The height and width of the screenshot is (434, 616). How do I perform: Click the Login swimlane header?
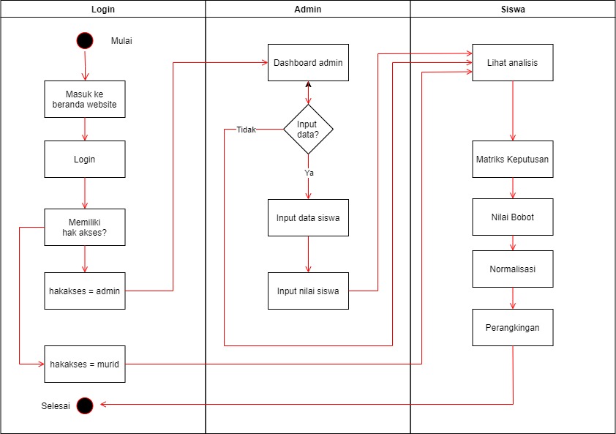(x=102, y=10)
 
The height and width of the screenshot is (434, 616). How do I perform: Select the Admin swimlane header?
(x=307, y=10)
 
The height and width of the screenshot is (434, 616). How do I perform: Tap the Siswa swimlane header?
(x=512, y=10)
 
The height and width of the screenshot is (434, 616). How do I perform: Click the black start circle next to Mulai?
(x=85, y=41)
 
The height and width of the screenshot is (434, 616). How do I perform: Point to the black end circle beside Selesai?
(x=85, y=405)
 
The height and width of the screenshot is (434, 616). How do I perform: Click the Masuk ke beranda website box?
(x=85, y=99)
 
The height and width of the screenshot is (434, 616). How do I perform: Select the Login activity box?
(x=85, y=159)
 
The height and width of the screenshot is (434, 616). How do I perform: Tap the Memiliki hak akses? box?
(x=85, y=227)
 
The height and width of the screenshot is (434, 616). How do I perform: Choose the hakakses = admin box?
(x=85, y=291)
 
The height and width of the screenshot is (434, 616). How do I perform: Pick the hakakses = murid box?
(x=85, y=364)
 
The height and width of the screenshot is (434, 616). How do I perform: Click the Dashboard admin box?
(x=308, y=63)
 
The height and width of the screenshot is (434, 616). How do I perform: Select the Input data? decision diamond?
(x=308, y=130)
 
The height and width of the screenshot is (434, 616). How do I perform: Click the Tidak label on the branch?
(x=246, y=130)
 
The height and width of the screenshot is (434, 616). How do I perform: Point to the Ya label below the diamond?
(x=309, y=173)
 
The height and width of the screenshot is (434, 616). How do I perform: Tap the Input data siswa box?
(x=308, y=217)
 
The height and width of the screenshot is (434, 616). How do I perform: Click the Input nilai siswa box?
(x=308, y=291)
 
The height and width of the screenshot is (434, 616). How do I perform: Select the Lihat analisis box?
(x=512, y=63)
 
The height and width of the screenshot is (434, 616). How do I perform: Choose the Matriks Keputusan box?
(x=512, y=159)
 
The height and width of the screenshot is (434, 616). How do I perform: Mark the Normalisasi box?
(x=512, y=269)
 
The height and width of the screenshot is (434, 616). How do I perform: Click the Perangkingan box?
(x=512, y=327)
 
